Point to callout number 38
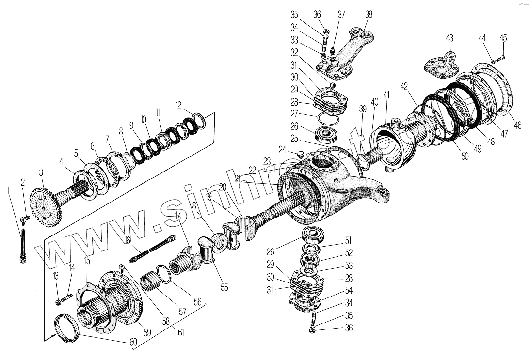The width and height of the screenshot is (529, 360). [369, 15]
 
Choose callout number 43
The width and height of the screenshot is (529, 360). [449, 38]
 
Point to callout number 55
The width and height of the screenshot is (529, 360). [224, 287]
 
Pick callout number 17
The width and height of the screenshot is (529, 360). [178, 214]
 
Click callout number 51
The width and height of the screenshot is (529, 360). [349, 241]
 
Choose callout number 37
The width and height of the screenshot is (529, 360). [342, 15]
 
